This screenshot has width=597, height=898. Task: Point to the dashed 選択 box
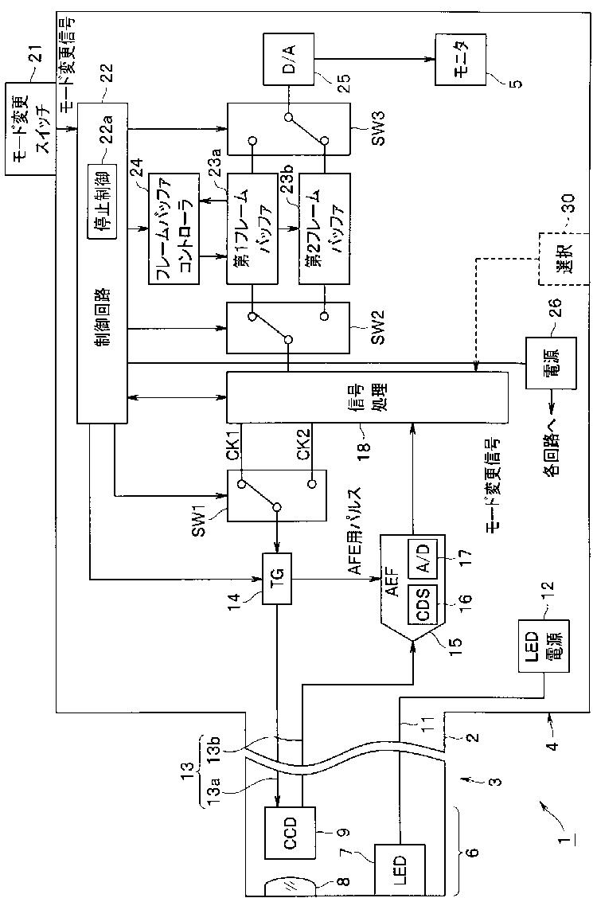point(563,258)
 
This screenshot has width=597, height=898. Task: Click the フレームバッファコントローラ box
point(174,228)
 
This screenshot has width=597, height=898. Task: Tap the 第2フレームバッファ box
point(323,228)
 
